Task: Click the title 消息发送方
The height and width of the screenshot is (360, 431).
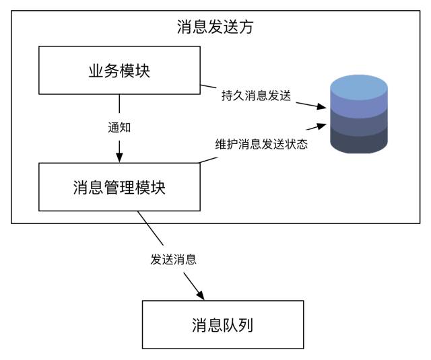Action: point(215,28)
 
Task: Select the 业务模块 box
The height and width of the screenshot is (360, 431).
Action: point(119,71)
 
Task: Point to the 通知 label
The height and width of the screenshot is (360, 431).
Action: point(119,127)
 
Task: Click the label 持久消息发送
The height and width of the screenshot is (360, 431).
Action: point(256,96)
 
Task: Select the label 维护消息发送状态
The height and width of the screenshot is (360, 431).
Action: point(261,144)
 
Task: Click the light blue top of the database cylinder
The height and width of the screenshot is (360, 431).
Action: point(358,87)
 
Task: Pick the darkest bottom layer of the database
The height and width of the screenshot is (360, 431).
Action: point(358,142)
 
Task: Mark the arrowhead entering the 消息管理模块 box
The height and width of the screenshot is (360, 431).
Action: point(119,157)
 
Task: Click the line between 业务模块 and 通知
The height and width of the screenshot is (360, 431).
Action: point(119,104)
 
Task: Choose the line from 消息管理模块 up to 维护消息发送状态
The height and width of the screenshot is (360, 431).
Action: point(209,159)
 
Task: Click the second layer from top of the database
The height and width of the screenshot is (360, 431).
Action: point(358,108)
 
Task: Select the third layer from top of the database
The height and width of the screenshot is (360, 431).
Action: point(358,125)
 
